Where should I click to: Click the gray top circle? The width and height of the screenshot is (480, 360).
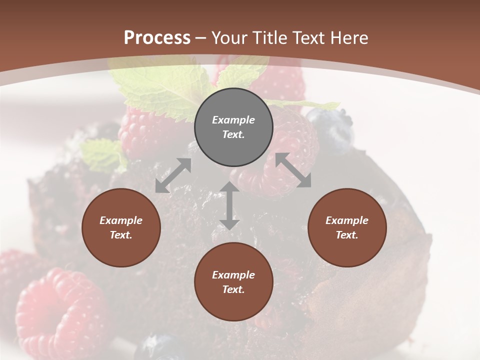tap(233, 127)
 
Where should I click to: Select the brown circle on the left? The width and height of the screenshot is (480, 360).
tap(121, 227)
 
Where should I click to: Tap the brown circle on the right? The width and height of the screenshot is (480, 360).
tap(347, 227)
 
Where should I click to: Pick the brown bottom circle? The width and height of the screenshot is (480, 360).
tap(233, 282)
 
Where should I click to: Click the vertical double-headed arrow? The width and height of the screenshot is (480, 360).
tap(229, 205)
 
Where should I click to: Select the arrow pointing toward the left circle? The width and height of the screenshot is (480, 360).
tap(173, 175)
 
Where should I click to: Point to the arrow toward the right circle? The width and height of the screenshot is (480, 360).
tap(293, 170)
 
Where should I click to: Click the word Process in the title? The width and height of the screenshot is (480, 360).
tap(157, 38)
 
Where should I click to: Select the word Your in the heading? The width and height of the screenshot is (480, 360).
tap(228, 38)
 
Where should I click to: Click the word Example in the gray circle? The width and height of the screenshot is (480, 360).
tap(233, 120)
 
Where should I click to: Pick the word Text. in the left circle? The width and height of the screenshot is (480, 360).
tap(121, 235)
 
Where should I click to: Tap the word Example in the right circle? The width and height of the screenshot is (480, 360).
tap(347, 220)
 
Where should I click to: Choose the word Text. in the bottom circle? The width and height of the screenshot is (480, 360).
tap(233, 289)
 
